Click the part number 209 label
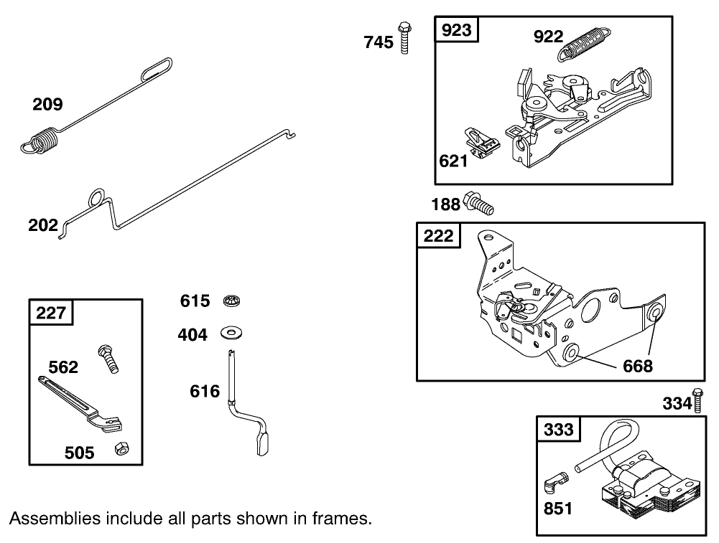(47, 105)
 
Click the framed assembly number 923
(457, 30)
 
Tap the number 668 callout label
(638, 366)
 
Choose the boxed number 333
(559, 429)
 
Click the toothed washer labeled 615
(231, 300)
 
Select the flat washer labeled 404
(232, 334)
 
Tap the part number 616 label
(205, 391)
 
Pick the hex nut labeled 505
(120, 448)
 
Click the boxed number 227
(50, 313)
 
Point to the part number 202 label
(43, 225)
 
